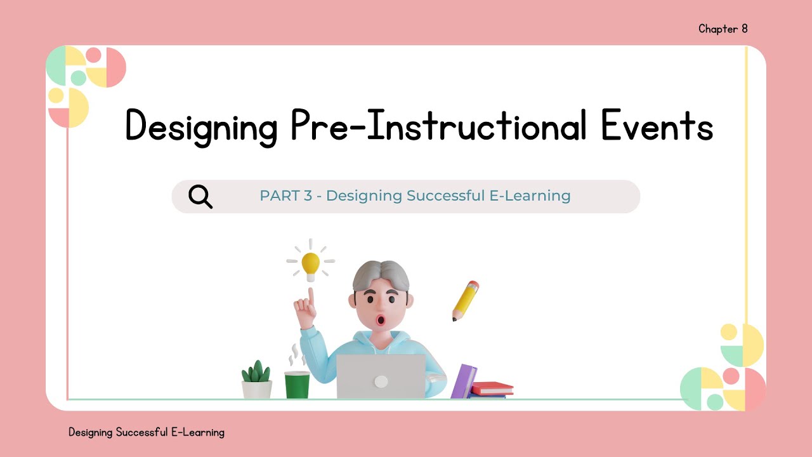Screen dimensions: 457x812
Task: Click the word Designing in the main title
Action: (x=202, y=126)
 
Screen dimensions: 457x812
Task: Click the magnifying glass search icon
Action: (x=200, y=197)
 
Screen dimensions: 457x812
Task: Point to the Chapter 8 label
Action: (x=723, y=29)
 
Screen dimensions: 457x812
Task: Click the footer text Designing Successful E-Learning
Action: (x=147, y=432)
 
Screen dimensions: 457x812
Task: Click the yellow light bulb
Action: (x=310, y=265)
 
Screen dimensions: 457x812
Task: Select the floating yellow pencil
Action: (x=465, y=300)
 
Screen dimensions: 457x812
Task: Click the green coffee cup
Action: (x=297, y=384)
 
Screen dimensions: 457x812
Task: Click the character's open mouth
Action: (x=381, y=319)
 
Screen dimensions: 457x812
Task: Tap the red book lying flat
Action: (x=492, y=388)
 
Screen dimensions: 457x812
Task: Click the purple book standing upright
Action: (x=464, y=381)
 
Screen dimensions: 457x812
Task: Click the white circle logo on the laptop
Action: (x=381, y=381)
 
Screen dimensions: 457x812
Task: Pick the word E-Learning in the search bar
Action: (x=537, y=195)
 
